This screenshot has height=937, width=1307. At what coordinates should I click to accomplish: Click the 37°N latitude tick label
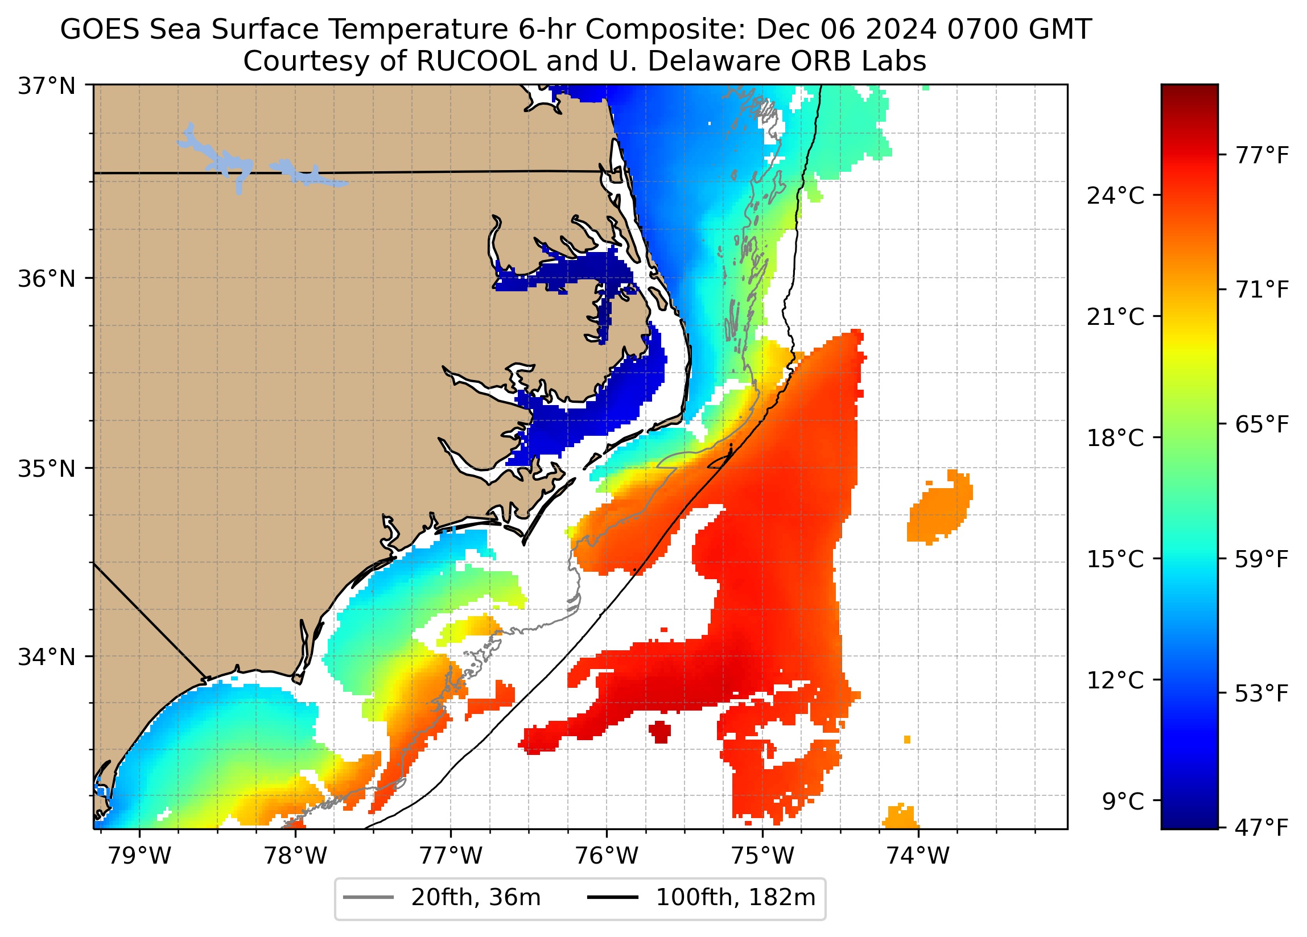tap(47, 86)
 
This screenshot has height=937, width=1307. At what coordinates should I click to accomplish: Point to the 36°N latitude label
tap(47, 279)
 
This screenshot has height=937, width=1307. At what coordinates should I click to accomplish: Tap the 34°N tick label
tap(47, 657)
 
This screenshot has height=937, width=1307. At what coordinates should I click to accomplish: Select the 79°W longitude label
tap(139, 856)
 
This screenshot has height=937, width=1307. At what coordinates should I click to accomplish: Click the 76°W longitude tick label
tap(607, 856)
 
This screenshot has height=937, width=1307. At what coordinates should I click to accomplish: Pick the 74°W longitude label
tap(917, 856)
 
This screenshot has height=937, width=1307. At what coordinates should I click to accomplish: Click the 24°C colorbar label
tap(1115, 196)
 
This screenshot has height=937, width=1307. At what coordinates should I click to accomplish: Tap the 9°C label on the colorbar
tap(1123, 802)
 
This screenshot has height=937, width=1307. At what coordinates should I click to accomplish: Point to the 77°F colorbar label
tap(1261, 155)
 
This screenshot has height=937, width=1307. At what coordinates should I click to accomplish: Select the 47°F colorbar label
tap(1261, 828)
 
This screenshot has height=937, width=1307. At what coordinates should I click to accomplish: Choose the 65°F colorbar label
tap(1261, 425)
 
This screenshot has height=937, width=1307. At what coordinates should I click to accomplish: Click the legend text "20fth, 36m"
tap(476, 898)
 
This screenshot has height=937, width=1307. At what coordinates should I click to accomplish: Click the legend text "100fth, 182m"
tap(735, 898)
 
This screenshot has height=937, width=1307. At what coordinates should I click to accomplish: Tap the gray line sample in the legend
tap(368, 898)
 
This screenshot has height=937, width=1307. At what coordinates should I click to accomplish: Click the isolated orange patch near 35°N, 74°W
tap(939, 507)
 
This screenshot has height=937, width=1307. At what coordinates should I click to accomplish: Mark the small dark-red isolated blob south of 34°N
tap(660, 732)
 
